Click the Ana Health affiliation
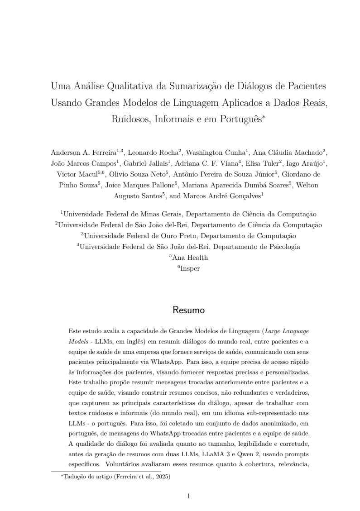(x=190, y=258)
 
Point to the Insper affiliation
(x=190, y=268)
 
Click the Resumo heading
(x=188, y=310)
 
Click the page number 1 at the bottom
(x=188, y=497)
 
